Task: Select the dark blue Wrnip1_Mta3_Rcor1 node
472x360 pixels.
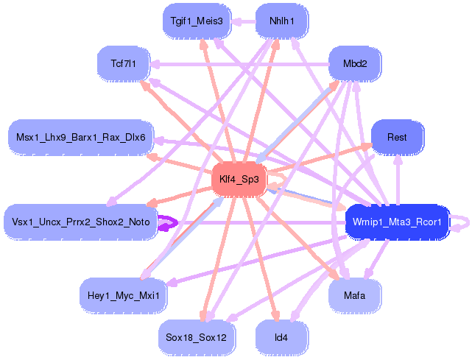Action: pyautogui.click(x=396, y=222)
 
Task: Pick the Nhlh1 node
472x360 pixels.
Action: pyautogui.click(x=282, y=21)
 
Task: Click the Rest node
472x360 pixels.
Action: pyautogui.click(x=397, y=138)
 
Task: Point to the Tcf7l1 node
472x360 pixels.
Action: pyautogui.click(x=124, y=64)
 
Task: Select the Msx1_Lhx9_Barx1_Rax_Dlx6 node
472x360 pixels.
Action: pyautogui.click(x=80, y=138)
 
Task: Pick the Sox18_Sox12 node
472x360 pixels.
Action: pyautogui.click(x=196, y=337)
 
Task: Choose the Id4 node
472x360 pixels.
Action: pyautogui.click(x=281, y=337)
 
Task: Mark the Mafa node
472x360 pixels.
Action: pyautogui.click(x=354, y=295)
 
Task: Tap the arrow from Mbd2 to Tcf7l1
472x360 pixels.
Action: pyautogui.click(x=236, y=64)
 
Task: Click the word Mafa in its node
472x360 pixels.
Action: pyautogui.click(x=354, y=295)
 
